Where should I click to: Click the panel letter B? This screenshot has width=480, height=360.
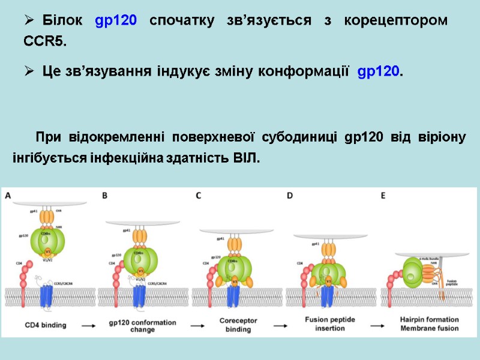point(104,195)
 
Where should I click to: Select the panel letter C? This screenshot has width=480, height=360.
point(198,195)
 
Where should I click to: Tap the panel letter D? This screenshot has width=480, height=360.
point(290,195)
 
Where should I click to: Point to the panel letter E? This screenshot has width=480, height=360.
point(383,195)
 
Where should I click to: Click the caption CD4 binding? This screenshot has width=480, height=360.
point(46,325)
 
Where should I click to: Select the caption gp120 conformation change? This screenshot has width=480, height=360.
point(139,325)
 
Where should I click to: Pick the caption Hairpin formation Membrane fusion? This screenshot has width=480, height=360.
point(429,325)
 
